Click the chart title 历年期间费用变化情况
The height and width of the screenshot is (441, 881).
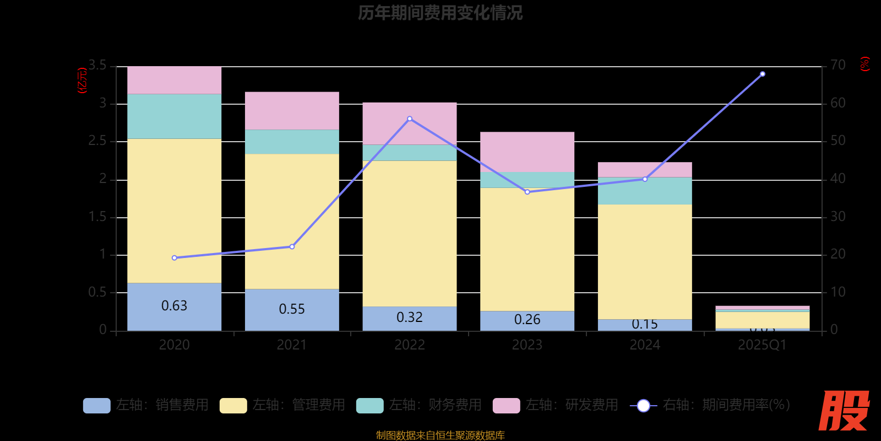[440, 13]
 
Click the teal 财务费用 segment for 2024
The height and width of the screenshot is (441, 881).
[645, 191]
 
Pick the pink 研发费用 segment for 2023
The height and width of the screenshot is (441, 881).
[527, 152]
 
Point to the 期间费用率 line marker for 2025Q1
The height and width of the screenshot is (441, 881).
[762, 74]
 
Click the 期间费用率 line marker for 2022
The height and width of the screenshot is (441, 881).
[409, 119]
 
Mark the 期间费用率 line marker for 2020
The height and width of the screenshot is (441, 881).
[174, 258]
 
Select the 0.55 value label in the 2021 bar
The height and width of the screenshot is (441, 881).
[292, 309]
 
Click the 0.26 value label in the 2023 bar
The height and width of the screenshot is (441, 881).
[527, 320]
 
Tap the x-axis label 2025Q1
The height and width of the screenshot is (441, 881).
[762, 345]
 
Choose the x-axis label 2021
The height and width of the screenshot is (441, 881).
[292, 345]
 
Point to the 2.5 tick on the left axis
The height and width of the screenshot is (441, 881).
[97, 141]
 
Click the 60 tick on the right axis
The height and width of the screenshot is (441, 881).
[838, 103]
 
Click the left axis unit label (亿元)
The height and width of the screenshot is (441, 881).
[83, 80]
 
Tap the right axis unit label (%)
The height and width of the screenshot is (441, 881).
[865, 64]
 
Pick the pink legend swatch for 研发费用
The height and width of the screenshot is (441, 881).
[506, 405]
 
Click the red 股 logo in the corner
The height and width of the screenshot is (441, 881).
[844, 411]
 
